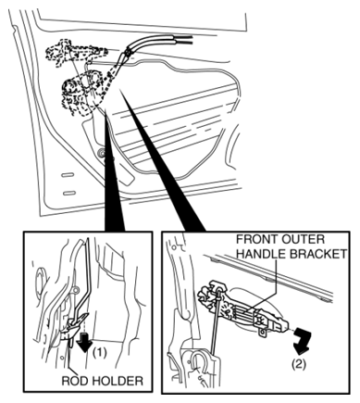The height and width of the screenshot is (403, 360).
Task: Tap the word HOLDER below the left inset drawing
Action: pyautogui.click(x=118, y=381)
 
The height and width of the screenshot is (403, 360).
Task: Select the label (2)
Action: pyautogui.click(x=299, y=364)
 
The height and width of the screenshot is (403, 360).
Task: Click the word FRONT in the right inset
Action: pyautogui.click(x=254, y=239)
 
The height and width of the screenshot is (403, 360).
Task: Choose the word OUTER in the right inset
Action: pyautogui.click(x=300, y=239)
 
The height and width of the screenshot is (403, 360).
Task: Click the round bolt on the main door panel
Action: pyautogui.click(x=102, y=152)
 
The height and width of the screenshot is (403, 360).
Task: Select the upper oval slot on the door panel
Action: pyautogui.click(x=68, y=175)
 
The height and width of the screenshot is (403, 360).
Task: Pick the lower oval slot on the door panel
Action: pyautogui.click(x=69, y=194)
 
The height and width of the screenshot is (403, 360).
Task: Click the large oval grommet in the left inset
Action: pyautogui.click(x=41, y=282)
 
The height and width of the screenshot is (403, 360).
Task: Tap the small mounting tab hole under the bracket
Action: pyautogui.click(x=262, y=333)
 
